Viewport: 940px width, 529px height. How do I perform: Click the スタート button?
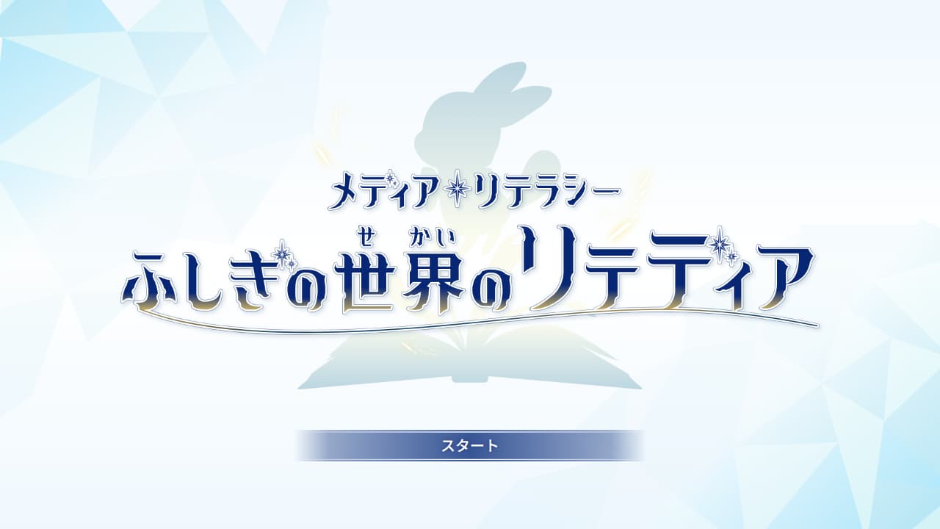point(470,445)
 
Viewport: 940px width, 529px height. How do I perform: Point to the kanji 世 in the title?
point(369,281)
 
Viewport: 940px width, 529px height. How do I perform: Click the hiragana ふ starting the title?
point(148,281)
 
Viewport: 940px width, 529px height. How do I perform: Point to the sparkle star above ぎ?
point(282,253)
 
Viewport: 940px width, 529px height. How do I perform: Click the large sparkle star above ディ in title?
point(720,241)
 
